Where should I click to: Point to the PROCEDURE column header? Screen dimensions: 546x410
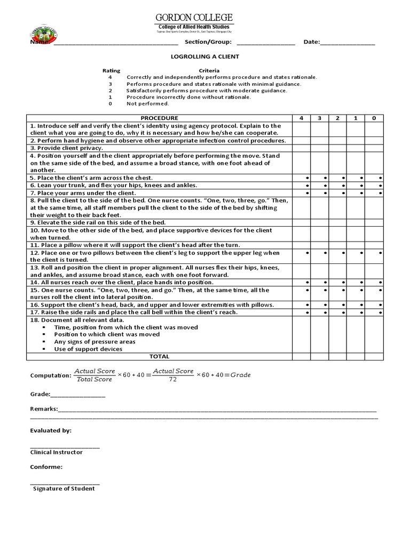159,117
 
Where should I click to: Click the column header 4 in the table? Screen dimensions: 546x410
302,117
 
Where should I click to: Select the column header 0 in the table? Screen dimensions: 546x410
374,117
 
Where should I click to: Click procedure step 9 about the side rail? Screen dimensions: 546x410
98,222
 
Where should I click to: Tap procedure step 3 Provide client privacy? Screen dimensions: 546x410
67,148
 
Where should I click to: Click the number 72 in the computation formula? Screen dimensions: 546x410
173,379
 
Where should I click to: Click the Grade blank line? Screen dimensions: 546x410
78,395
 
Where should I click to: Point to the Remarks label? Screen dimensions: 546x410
43,408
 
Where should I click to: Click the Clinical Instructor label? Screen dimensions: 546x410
57,452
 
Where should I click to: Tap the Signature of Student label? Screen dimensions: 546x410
64,488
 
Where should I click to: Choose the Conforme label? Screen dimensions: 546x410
46,467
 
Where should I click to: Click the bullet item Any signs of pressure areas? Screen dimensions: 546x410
94,342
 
